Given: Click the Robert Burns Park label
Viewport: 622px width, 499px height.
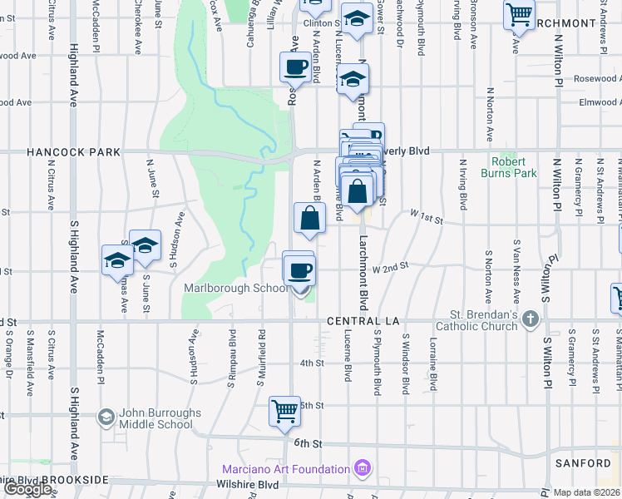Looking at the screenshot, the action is tap(514, 167).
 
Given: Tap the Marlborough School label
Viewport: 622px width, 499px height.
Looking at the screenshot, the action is tap(234, 289).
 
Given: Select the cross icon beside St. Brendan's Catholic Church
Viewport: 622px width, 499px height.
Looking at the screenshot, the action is tap(531, 319).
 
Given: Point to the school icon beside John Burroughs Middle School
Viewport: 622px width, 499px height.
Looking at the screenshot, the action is tap(106, 417).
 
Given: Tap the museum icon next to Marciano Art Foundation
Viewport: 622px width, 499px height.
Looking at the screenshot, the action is tap(362, 469).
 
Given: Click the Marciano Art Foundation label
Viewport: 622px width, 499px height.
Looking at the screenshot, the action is tap(285, 469).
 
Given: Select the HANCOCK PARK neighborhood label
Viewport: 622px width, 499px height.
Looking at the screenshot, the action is tap(74, 152).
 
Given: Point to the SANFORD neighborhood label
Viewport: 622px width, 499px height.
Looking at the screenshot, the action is tap(584, 463).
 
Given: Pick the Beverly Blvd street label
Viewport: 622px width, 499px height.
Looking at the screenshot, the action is tap(406, 151).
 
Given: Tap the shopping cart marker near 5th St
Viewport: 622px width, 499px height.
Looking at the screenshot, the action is tap(285, 412).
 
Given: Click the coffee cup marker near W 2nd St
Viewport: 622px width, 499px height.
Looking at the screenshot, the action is tap(299, 270).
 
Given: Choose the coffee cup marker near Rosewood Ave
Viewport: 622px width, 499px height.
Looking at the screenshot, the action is tap(294, 68).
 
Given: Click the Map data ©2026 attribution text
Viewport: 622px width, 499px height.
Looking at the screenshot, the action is tap(587, 492).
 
